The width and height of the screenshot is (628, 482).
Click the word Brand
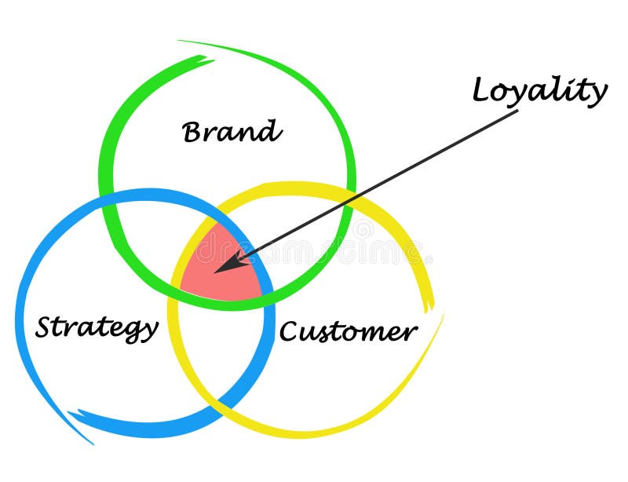pyautogui.click(x=232, y=131)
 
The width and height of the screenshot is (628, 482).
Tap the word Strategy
pyautogui.click(x=96, y=327)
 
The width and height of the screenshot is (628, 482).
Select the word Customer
pyautogui.click(x=348, y=331)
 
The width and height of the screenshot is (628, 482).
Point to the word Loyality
pyautogui.click(x=539, y=92)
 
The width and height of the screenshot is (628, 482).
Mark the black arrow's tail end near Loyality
pyautogui.click(x=517, y=111)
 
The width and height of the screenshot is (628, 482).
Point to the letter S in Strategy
pyautogui.click(x=44, y=327)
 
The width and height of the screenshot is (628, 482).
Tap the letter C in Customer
pyautogui.click(x=288, y=332)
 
